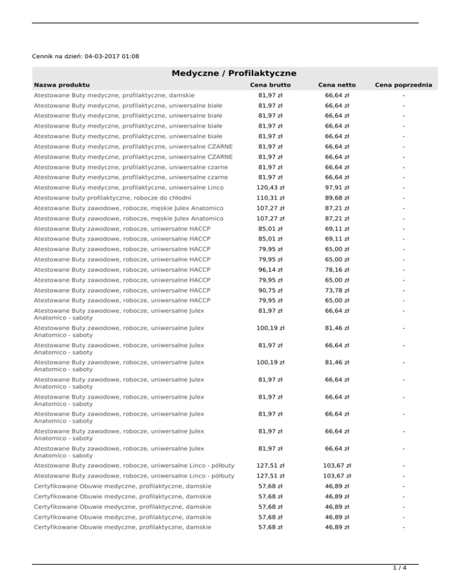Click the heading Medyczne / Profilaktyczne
click(234, 73)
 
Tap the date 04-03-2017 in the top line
click(103, 56)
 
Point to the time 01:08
click(130, 56)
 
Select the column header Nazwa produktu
click(62, 85)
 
